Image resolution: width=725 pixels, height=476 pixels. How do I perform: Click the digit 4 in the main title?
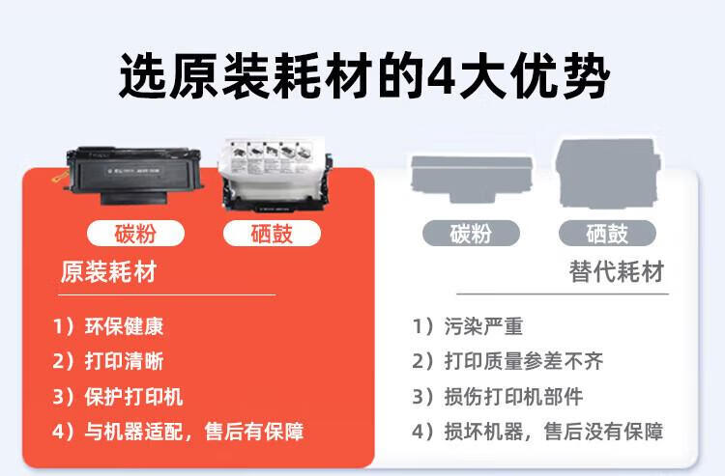441,76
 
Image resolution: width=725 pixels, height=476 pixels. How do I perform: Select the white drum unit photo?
275,176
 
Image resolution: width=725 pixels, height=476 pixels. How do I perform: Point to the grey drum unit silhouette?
608,173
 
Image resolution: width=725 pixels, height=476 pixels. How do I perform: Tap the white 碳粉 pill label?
135,233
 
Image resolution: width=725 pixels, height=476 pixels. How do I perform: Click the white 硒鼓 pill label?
272,233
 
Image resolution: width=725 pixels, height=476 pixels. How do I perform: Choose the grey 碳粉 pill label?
471,233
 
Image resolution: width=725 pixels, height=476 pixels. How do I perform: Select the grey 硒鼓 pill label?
607,233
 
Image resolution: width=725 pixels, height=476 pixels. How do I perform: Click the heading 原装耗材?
108,271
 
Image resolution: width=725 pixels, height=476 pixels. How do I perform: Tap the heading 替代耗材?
617,271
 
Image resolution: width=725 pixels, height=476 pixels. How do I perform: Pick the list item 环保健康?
124,326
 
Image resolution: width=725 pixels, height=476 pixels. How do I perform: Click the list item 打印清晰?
124,361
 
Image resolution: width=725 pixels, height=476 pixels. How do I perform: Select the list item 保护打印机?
133,397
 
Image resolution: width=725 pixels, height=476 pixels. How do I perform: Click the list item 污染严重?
483,326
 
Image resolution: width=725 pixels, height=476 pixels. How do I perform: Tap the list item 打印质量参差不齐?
524,361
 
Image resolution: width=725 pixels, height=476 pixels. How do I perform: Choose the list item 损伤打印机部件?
513,397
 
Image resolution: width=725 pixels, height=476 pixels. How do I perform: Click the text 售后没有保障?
603,432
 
